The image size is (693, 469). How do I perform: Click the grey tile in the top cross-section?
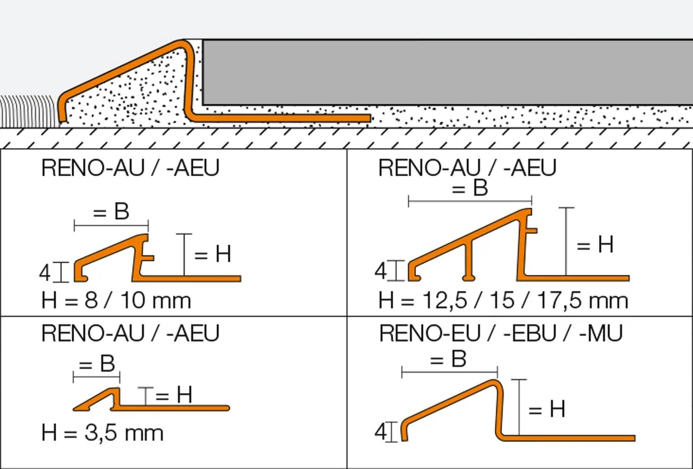pos(447,72)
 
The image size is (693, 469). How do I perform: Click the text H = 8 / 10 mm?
pos(116,301)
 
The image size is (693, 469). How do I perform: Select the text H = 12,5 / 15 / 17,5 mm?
pos(503,301)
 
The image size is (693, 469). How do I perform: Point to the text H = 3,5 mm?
pos(103,433)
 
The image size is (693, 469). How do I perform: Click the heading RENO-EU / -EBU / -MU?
pos(501,333)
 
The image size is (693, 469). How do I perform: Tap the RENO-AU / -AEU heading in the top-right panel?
pos(467,168)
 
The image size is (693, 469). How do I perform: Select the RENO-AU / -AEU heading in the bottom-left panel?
pos(130,333)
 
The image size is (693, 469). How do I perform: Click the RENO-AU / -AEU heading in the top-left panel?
pos(130,168)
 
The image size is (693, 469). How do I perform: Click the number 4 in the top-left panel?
pos(45,273)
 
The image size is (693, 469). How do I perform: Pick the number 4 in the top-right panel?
pos(380,271)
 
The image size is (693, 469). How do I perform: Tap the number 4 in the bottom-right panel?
pos(380,432)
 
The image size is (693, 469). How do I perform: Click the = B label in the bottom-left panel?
pos(97,364)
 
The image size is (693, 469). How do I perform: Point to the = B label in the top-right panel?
pos(470,188)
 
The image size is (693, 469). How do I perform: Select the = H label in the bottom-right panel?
pos(547,409)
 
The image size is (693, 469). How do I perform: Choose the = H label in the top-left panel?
pos(212,254)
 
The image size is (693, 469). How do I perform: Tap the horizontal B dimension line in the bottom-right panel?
pos(449,372)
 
